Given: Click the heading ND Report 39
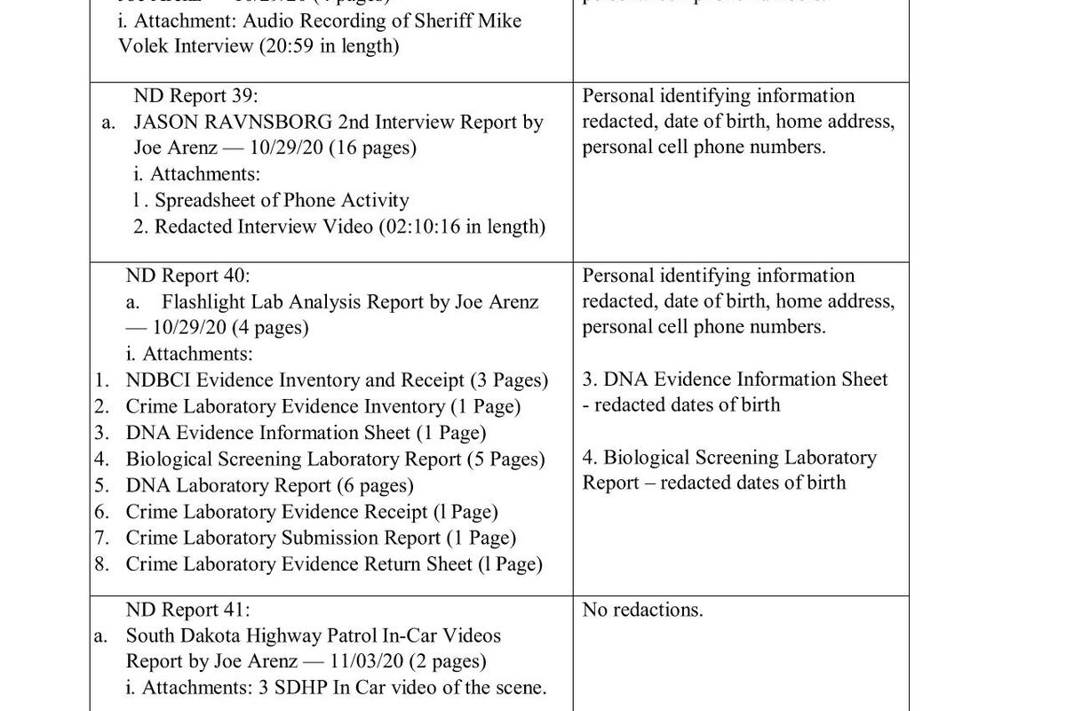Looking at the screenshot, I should [195, 96].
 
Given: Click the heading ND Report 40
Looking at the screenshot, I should [187, 276].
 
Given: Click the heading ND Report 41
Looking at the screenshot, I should [187, 610].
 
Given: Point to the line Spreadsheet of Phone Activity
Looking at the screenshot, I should [282, 201].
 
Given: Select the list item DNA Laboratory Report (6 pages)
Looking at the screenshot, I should [269, 485].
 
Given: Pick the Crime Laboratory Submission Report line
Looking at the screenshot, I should [320, 538].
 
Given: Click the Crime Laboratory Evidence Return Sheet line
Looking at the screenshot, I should [333, 563].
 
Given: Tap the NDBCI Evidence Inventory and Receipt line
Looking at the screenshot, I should [337, 380].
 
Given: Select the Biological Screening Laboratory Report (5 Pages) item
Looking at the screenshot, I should [335, 459].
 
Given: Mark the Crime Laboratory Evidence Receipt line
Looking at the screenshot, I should [311, 512].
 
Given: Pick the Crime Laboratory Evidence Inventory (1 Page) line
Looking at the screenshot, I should [322, 407].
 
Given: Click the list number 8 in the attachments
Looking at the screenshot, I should [102, 563].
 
